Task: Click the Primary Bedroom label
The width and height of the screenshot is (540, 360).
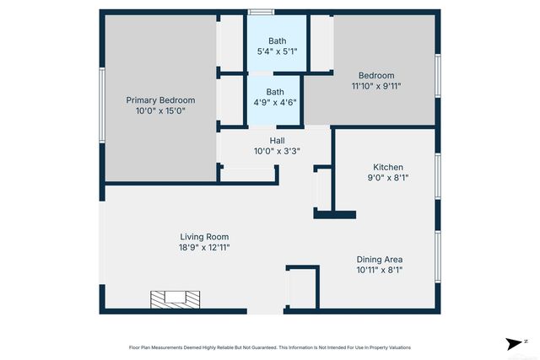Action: [x=160, y=99]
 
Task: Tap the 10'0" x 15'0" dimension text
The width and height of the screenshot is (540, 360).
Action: [x=160, y=110]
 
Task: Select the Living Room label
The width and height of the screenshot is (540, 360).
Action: [x=204, y=237]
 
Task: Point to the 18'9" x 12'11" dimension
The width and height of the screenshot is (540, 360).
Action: [x=204, y=248]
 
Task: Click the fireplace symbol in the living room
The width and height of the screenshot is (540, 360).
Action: [x=175, y=298]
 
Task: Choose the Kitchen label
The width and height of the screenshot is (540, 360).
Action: [x=388, y=167]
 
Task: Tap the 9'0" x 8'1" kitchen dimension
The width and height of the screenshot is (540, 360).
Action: [x=388, y=178]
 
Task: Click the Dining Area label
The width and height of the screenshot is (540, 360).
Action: [x=380, y=259]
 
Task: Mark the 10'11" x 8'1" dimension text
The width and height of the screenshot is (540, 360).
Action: [x=380, y=270]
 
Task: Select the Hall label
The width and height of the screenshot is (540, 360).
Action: [x=277, y=141]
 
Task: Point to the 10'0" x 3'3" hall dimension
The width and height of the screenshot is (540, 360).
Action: [x=277, y=152]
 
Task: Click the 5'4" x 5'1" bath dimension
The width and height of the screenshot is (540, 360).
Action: [x=277, y=51]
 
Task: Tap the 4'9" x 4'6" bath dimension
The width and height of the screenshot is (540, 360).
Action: [x=275, y=102]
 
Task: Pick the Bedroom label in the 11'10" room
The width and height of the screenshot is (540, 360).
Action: [x=376, y=76]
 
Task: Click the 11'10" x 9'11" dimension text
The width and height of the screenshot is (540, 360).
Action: [x=376, y=86]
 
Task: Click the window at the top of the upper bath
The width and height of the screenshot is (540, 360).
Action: [x=261, y=12]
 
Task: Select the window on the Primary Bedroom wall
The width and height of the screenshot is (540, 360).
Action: [x=101, y=105]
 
